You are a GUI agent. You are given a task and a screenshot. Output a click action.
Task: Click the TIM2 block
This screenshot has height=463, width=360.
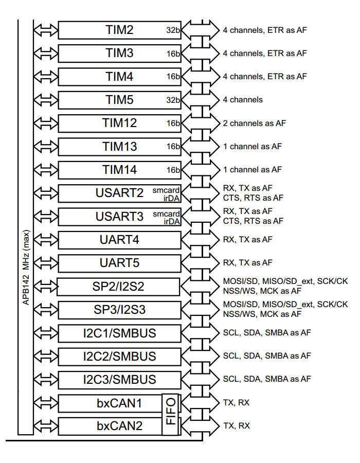tap(119, 30)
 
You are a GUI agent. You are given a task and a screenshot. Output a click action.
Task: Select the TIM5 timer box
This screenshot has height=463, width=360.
tap(119, 100)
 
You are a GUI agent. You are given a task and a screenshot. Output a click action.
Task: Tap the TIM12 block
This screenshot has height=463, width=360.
tap(119, 123)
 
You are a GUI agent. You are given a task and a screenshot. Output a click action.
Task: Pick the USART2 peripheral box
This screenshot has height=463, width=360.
tap(119, 193)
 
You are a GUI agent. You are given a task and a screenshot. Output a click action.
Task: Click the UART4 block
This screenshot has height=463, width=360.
tap(119, 240)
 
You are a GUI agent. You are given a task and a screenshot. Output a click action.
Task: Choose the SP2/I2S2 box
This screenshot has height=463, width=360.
tap(118, 287)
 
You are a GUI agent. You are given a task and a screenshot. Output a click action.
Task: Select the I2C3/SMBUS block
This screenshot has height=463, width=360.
tap(119, 380)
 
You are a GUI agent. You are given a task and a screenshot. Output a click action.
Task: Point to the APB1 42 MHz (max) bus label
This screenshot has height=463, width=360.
tap(26, 268)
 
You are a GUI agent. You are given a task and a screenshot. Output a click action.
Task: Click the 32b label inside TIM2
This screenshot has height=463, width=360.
tap(173, 30)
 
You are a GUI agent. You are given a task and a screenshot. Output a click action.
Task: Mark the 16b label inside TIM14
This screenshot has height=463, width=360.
tap(173, 170)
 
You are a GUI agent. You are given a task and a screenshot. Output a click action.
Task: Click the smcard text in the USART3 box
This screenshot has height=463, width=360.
tap(166, 213)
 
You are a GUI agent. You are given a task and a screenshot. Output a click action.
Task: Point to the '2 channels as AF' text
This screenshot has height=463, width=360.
tap(254, 123)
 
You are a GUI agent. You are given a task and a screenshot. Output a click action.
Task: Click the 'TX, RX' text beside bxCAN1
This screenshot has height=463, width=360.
tap(236, 402)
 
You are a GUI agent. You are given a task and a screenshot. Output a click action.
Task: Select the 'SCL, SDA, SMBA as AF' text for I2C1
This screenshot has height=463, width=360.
tap(266, 333)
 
